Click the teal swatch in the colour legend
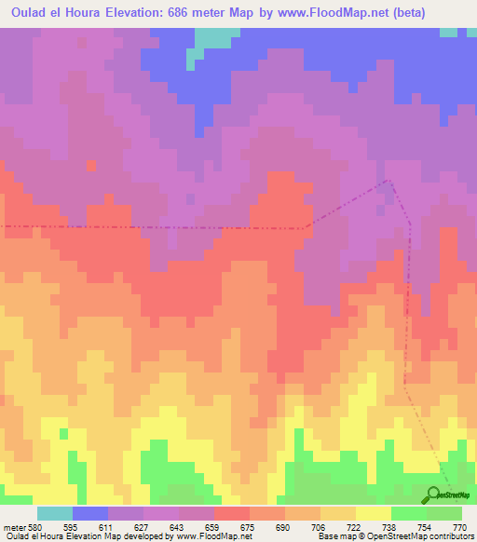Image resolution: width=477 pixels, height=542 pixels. tap(54, 513)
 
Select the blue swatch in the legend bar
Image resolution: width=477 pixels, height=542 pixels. tap(89, 513)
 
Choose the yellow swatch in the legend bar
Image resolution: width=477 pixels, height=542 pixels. tap(373, 513)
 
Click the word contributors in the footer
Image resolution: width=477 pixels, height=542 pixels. tap(451, 536)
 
